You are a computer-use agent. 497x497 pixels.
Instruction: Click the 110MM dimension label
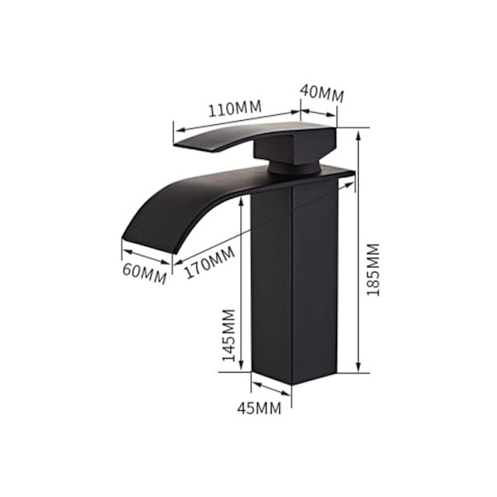[x=235, y=108]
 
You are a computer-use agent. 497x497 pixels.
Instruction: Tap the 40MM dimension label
[x=322, y=93]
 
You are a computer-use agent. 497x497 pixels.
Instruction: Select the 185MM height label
[x=373, y=270]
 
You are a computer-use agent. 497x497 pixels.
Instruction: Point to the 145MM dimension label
[x=229, y=335]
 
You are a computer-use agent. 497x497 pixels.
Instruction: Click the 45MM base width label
[x=259, y=408]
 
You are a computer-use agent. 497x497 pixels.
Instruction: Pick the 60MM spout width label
[x=144, y=274]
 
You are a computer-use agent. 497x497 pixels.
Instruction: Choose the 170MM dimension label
[x=210, y=263]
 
